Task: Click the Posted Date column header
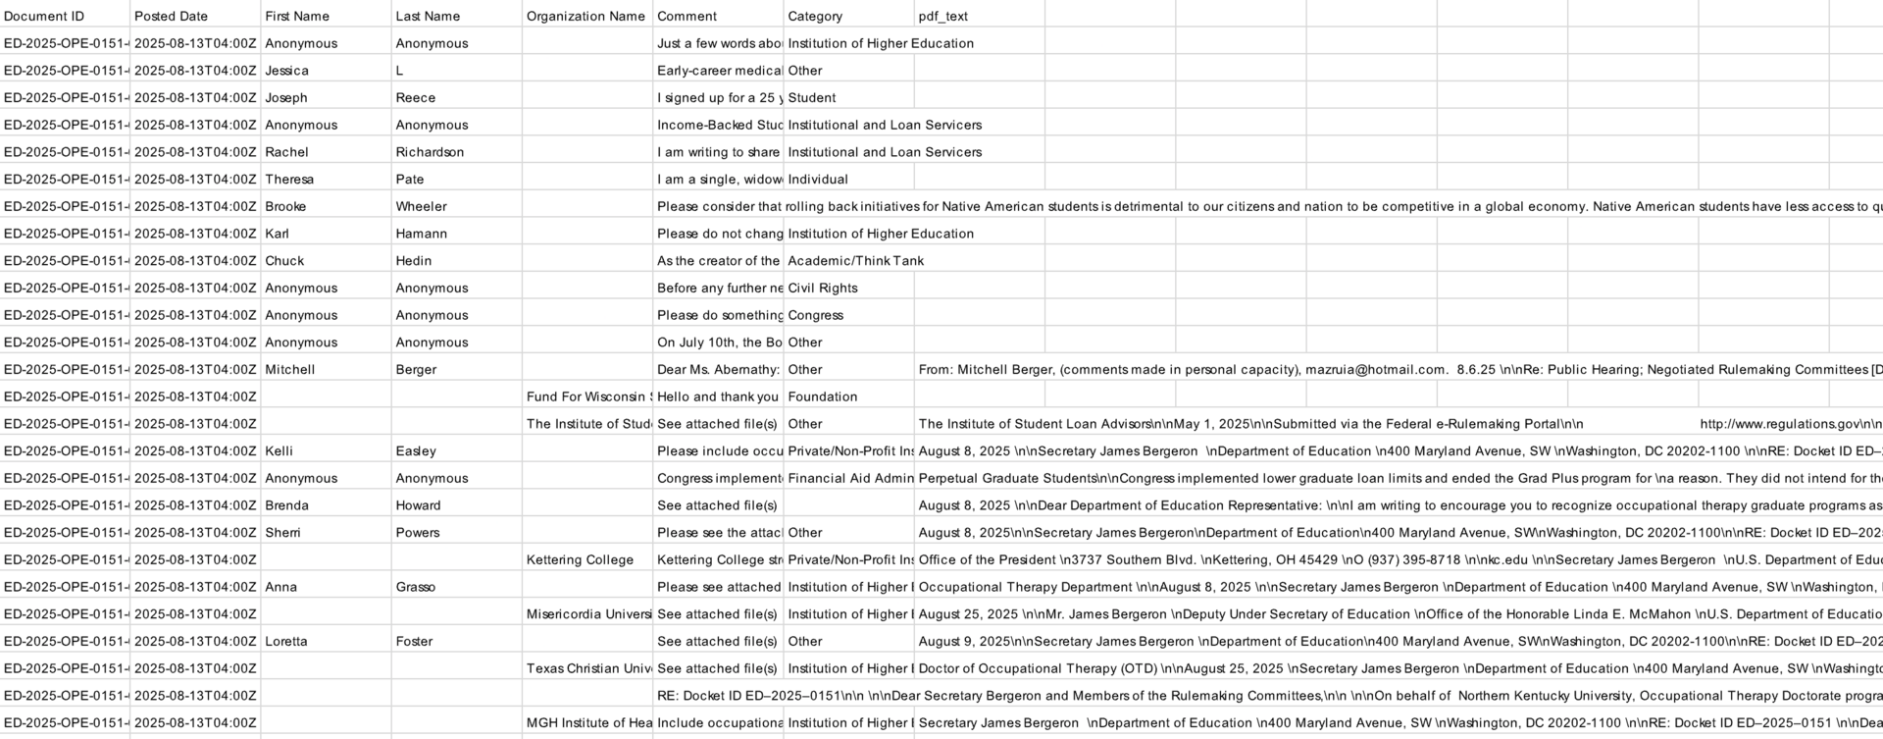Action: coord(171,16)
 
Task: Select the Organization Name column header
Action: coord(585,16)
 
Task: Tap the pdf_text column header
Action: coord(943,16)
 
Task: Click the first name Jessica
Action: coord(286,71)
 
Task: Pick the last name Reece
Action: coord(416,98)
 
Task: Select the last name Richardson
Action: coord(430,152)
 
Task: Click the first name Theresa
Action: coord(289,180)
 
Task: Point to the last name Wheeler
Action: coord(421,207)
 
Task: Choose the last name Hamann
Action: coord(421,234)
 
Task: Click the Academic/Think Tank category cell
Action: coord(855,261)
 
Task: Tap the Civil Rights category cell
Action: coord(822,289)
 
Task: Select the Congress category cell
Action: coord(815,315)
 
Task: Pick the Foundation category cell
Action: coord(822,397)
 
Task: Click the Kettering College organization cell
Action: coord(580,560)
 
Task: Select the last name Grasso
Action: coord(416,587)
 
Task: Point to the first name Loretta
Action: coord(285,642)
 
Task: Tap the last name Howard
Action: coord(418,505)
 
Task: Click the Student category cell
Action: coord(811,98)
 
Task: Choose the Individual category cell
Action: coord(818,180)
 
